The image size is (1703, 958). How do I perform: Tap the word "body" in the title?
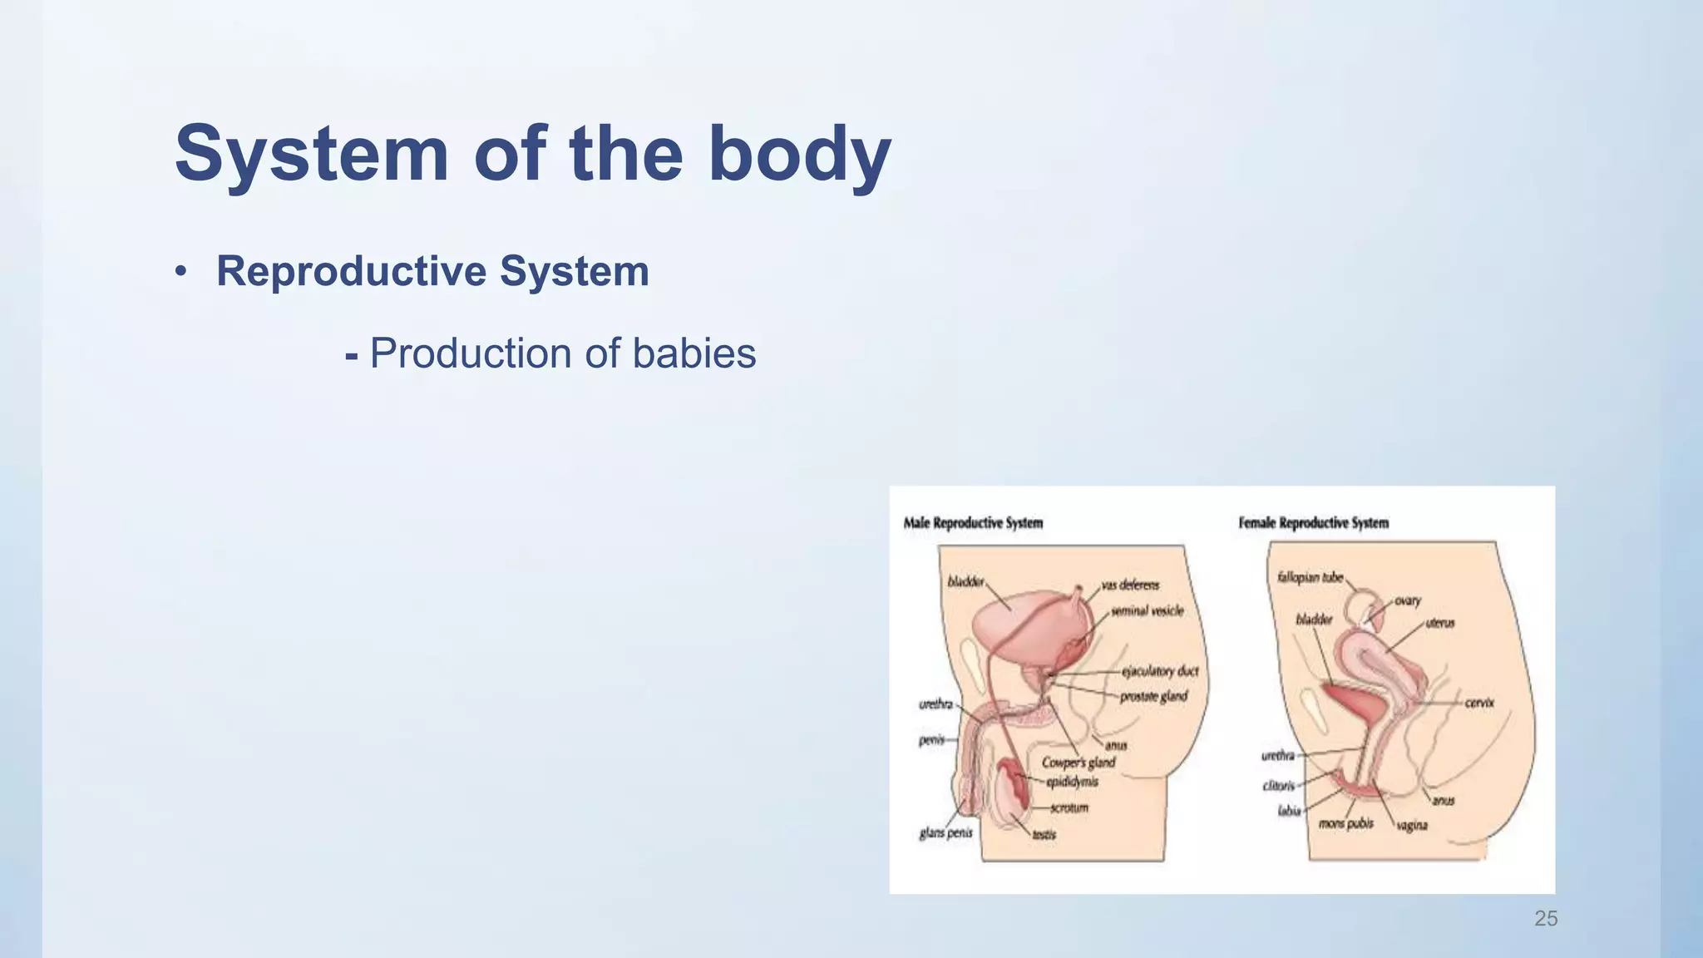pyautogui.click(x=799, y=154)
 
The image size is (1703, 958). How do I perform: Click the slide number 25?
pyautogui.click(x=1545, y=918)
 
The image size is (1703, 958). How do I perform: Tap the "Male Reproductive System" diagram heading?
pyautogui.click(x=973, y=523)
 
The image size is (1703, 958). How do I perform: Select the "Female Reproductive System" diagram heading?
pyautogui.click(x=1313, y=523)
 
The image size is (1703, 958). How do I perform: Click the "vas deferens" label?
pyautogui.click(x=1130, y=585)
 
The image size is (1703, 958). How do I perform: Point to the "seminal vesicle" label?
pyautogui.click(x=1147, y=611)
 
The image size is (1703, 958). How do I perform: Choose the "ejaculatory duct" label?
pyautogui.click(x=1160, y=671)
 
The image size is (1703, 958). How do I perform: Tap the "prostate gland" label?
pyautogui.click(x=1153, y=696)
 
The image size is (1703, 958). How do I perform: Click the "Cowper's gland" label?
pyautogui.click(x=1079, y=763)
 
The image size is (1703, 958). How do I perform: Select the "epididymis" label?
pyautogui.click(x=1072, y=782)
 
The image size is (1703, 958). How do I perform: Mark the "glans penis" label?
pyautogui.click(x=945, y=832)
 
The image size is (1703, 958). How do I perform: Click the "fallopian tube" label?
pyautogui.click(x=1310, y=577)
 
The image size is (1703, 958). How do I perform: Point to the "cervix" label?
pyautogui.click(x=1479, y=703)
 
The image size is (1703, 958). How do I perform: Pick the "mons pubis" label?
pyautogui.click(x=1346, y=824)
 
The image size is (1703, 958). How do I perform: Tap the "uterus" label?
pyautogui.click(x=1440, y=623)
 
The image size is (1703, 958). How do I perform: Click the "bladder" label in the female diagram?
pyautogui.click(x=1314, y=620)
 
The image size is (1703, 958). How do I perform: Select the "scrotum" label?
pyautogui.click(x=1069, y=807)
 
